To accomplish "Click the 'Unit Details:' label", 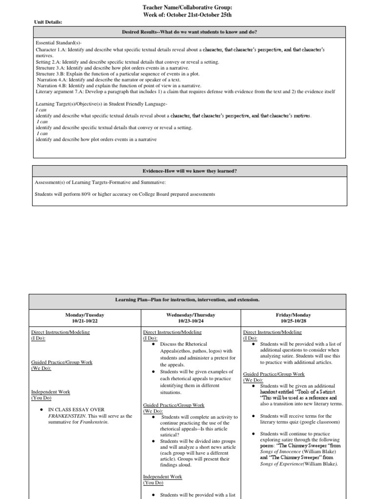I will tap(47, 22).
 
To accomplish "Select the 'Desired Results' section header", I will tap(189, 32).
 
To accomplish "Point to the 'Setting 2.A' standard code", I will tap(47, 62).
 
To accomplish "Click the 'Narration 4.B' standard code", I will tap(53, 85).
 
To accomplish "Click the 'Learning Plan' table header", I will tap(187, 300).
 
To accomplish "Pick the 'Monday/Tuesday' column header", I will tap(84, 315).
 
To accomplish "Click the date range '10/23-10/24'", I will tap(191, 321).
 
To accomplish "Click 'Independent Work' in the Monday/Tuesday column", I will tap(51, 391).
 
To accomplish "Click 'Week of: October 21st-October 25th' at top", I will tap(187, 15).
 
